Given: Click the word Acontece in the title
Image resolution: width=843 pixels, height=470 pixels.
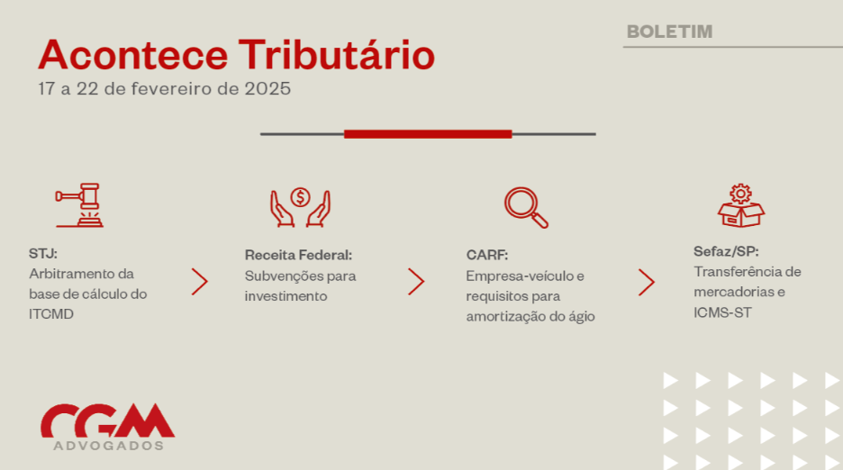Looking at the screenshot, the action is pyautogui.click(x=132, y=55).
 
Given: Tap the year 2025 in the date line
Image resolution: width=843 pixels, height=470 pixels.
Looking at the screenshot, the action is pyautogui.click(x=267, y=88).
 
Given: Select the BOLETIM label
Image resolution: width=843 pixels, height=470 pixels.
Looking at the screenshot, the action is pyautogui.click(x=669, y=32).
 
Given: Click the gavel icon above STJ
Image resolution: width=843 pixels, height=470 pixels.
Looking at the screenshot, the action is pyautogui.click(x=79, y=205).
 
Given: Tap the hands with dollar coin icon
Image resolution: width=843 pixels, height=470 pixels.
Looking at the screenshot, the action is pyautogui.click(x=300, y=207).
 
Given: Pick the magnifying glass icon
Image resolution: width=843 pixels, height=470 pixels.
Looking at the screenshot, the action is pyautogui.click(x=526, y=207).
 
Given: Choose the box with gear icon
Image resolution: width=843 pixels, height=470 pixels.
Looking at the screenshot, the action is pyautogui.click(x=741, y=206).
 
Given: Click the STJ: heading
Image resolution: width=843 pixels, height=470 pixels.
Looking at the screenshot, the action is pyautogui.click(x=43, y=253).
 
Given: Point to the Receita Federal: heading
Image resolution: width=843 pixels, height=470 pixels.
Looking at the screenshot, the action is pyautogui.click(x=298, y=255).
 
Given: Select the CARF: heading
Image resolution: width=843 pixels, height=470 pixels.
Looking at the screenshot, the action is pyautogui.click(x=487, y=255).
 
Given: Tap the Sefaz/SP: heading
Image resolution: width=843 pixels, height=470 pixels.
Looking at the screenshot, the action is pyautogui.click(x=726, y=251).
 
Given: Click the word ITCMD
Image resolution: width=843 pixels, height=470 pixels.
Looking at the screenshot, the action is pyautogui.click(x=51, y=314).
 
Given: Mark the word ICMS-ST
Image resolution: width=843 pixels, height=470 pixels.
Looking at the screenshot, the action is pyautogui.click(x=722, y=312).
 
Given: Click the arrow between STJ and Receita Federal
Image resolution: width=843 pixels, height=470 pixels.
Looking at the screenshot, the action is pyautogui.click(x=199, y=281).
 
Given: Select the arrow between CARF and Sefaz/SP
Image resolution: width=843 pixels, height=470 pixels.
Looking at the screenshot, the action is pyautogui.click(x=647, y=283).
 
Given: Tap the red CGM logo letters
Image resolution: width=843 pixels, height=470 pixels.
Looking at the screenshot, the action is pyautogui.click(x=107, y=420).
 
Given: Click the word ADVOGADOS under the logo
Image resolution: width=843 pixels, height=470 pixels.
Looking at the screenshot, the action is pyautogui.click(x=109, y=446).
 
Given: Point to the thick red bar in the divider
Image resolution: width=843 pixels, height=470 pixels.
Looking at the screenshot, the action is pyautogui.click(x=428, y=134).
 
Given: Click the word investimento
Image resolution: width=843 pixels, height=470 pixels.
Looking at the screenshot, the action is pyautogui.click(x=286, y=296).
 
